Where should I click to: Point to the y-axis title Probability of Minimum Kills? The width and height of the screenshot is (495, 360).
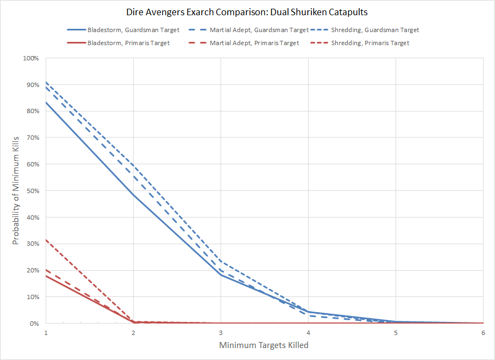16,190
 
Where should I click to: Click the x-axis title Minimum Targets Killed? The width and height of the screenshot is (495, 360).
264,345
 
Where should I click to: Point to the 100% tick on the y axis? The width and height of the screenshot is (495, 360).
31,58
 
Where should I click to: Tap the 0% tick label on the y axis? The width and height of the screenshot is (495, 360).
35,324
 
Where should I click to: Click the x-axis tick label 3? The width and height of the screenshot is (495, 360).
221,332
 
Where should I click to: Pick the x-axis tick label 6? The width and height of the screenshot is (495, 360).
483,332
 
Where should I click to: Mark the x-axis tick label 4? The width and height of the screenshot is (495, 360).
308,332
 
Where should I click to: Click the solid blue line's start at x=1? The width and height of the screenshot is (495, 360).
46,102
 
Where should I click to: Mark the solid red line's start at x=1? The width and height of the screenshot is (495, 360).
46,276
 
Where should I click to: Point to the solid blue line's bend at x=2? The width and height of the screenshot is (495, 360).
133,195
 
